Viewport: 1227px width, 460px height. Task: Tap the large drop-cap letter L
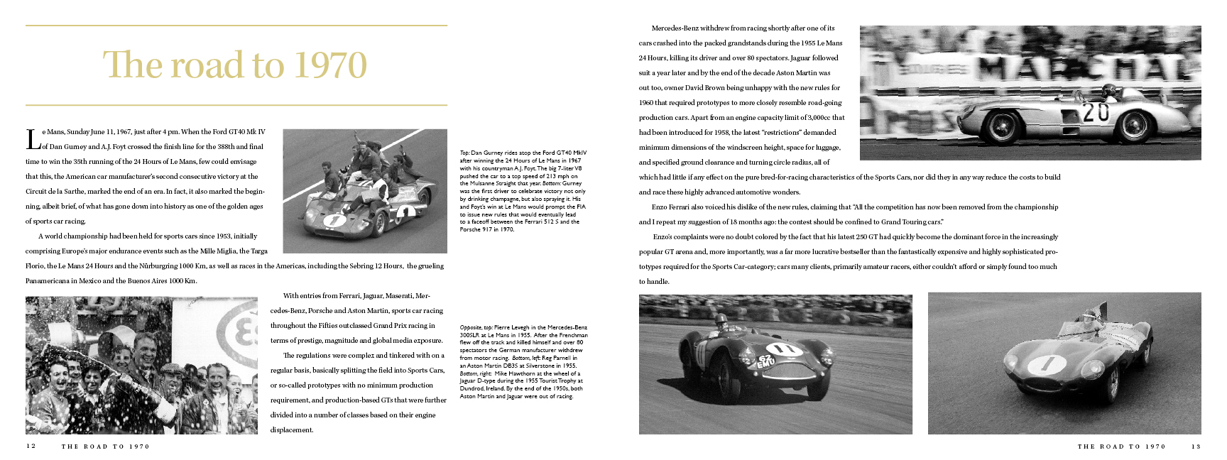click(33, 140)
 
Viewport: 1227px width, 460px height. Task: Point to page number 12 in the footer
click(31, 447)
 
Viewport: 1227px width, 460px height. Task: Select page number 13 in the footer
click(1196, 447)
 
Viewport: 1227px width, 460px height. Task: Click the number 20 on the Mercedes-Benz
click(1096, 112)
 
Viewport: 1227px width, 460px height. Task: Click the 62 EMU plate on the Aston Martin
click(766, 361)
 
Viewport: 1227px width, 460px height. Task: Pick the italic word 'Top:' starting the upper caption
click(465, 153)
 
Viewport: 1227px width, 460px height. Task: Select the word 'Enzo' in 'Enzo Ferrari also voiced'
click(660, 207)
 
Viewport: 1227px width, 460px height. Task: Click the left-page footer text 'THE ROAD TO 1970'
click(106, 447)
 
